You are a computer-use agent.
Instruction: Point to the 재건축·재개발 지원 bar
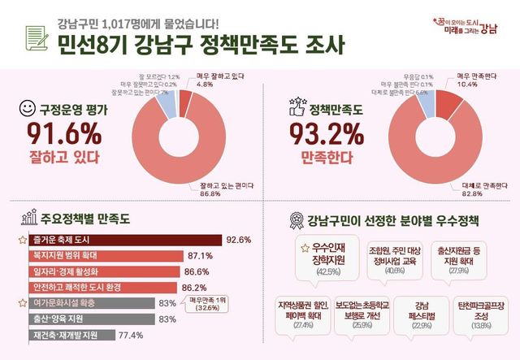[x=73, y=334]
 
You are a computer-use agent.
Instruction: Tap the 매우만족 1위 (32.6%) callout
[x=209, y=304]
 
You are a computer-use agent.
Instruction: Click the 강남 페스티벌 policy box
[x=422, y=312]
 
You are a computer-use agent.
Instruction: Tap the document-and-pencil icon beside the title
[x=36, y=39]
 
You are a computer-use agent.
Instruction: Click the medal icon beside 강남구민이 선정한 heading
[x=294, y=219]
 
